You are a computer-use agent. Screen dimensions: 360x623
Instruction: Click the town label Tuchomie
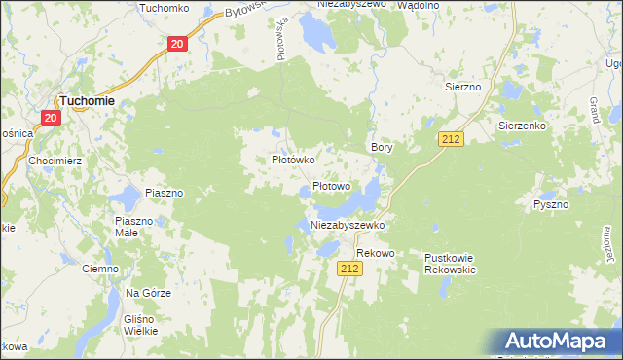click(88, 99)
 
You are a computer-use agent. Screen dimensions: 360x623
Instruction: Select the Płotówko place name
click(292, 159)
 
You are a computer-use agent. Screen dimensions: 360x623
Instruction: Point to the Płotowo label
click(331, 186)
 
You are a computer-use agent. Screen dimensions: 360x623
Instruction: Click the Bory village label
click(382, 147)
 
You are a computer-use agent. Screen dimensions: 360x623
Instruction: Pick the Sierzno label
click(463, 87)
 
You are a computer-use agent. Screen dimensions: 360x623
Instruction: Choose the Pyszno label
click(551, 205)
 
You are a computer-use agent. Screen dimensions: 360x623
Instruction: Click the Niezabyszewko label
click(348, 225)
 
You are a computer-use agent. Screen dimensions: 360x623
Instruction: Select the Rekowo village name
click(375, 253)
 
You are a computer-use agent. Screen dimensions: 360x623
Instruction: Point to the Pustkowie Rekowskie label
click(450, 264)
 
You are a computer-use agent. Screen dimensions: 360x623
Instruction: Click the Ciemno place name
click(100, 269)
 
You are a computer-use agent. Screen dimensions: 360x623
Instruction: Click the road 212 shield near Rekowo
click(351, 268)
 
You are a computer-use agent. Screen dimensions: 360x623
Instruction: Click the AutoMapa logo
click(560, 342)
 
